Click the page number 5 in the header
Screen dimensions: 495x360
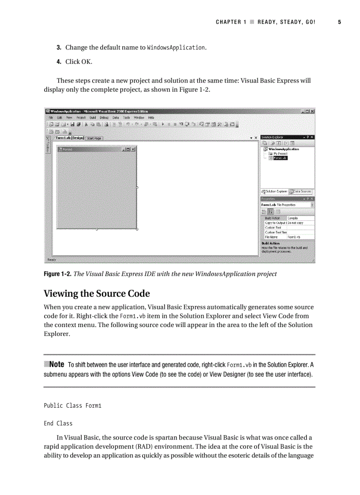click(340, 22)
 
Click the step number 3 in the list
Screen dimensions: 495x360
click(58, 48)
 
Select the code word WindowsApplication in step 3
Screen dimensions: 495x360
click(176, 48)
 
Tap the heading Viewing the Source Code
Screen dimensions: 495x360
click(97, 294)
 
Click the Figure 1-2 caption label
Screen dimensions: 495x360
click(57, 274)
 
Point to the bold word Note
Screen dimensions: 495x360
click(56, 365)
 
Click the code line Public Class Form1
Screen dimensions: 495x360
click(72, 406)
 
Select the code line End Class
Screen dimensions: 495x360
click(58, 424)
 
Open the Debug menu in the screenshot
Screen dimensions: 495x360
click(104, 118)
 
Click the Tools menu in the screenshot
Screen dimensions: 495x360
click(126, 118)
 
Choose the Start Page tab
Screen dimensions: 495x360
click(94, 138)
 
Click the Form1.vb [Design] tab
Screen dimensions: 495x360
click(70, 138)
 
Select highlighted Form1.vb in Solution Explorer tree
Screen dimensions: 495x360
click(280, 158)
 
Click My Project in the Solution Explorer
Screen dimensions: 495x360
click(280, 153)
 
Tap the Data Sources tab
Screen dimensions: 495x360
click(303, 191)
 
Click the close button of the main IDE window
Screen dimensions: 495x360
click(312, 111)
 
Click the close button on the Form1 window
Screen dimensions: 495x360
click(133, 149)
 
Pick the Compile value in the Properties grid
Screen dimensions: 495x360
click(292, 218)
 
